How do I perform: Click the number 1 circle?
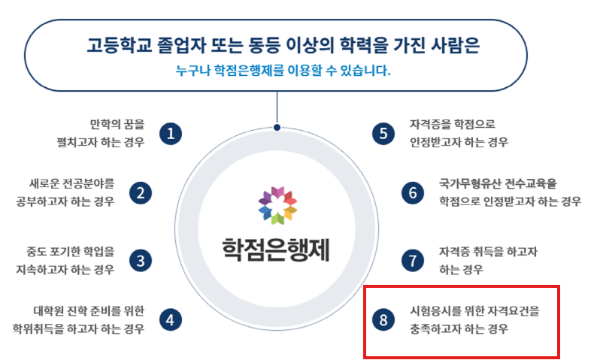click(172, 134)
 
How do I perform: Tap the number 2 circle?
click(141, 193)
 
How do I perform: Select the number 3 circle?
click(141, 260)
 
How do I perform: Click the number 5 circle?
click(383, 134)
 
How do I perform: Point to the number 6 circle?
click(413, 193)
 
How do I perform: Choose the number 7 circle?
click(413, 260)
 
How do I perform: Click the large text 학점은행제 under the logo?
click(277, 247)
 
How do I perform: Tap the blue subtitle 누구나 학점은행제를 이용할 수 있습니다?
click(281, 72)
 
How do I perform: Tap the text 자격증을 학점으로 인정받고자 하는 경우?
click(459, 132)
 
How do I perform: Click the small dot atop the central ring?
click(277, 127)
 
